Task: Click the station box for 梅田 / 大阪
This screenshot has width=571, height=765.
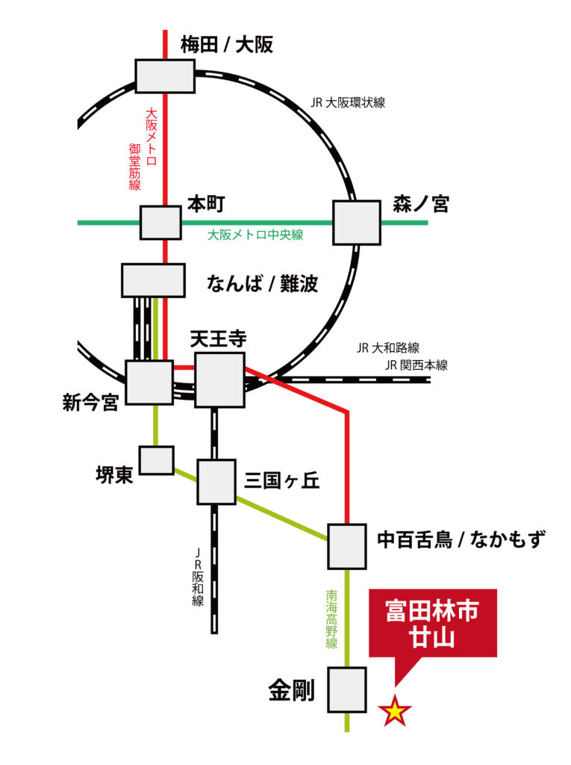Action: tap(165, 76)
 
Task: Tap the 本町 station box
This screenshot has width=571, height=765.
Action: tap(160, 223)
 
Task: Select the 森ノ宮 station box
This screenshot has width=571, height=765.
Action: tap(357, 223)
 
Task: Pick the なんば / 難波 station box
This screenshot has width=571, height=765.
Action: tap(153, 280)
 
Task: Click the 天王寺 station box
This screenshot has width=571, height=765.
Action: tap(219, 380)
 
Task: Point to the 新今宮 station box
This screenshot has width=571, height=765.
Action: tap(149, 382)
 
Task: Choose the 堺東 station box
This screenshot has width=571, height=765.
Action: tap(157, 460)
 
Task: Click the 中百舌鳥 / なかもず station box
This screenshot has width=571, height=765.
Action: tap(347, 546)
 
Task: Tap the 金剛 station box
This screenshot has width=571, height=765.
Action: tap(347, 690)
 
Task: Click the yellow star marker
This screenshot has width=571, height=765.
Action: tap(395, 712)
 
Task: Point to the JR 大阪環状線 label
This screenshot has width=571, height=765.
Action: tap(348, 103)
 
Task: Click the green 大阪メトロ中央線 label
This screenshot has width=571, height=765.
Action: tap(255, 235)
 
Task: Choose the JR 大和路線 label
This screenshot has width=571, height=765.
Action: tap(388, 347)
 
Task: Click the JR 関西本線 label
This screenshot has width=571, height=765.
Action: tap(416, 365)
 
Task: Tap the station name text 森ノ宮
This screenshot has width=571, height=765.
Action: tap(421, 204)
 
